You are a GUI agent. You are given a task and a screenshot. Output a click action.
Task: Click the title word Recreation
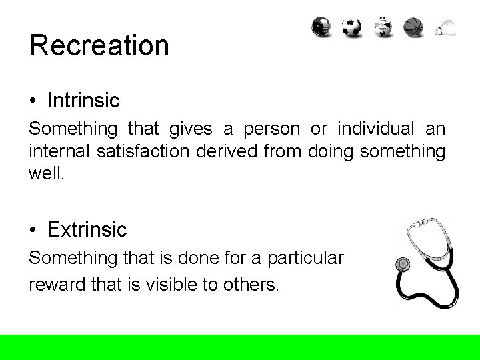click(x=99, y=46)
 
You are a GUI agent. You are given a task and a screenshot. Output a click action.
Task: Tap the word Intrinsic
click(x=83, y=101)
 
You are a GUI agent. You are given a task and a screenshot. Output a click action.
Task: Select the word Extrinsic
click(x=87, y=230)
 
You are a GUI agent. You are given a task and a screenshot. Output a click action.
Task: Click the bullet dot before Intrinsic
click(x=33, y=101)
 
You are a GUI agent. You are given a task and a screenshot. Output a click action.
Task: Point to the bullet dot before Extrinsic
click(x=33, y=231)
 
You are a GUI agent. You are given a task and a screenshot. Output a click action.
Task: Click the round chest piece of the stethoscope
click(x=403, y=264)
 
